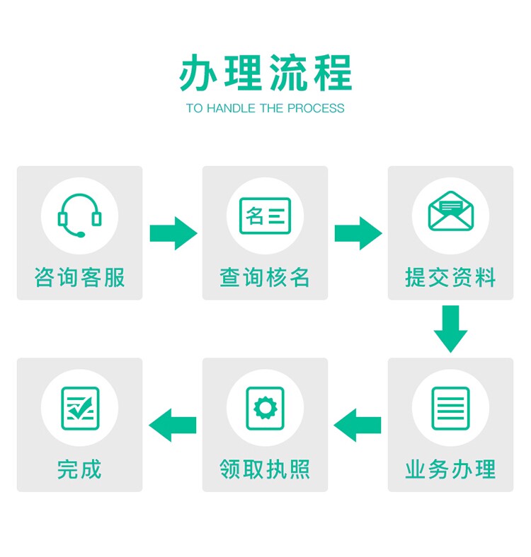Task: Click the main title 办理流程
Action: (265, 73)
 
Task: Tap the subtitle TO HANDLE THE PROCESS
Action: (265, 109)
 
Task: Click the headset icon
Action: (79, 216)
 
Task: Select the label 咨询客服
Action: (79, 277)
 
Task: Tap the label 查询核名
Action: (265, 277)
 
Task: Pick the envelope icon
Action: (450, 211)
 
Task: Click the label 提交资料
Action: (450, 277)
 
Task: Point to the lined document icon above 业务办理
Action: (450, 408)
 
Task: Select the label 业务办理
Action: (450, 469)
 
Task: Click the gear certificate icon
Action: (265, 408)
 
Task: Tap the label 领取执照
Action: (265, 469)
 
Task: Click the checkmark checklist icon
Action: (79, 408)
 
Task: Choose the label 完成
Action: (79, 469)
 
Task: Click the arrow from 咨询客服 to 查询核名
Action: (173, 233)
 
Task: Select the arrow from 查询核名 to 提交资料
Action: (358, 233)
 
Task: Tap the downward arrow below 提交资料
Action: (450, 329)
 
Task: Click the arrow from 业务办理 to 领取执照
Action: (358, 425)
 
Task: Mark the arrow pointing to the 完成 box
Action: (172, 425)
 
